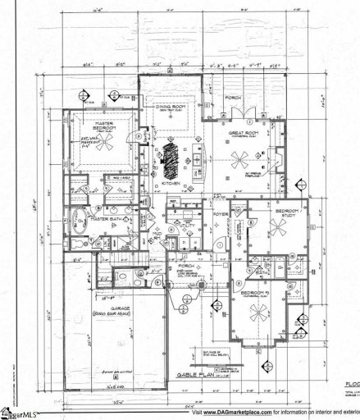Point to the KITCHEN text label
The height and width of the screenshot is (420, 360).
(x=170, y=184)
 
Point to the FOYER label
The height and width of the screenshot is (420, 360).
(x=224, y=215)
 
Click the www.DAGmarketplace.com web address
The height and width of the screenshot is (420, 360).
(x=238, y=412)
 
